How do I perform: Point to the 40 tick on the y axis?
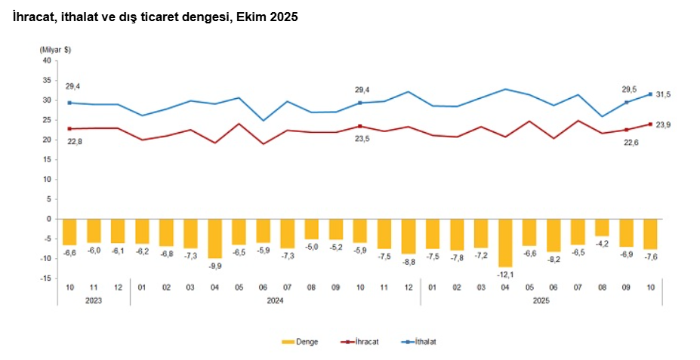coord(46,60)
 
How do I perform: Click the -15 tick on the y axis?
coord(45,278)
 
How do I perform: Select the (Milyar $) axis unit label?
coord(55,49)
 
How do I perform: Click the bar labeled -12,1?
coord(505,242)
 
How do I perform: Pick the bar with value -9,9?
coord(214,238)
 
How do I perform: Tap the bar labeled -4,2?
coord(602,227)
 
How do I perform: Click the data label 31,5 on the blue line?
coord(664,94)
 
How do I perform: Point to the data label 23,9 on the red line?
coord(664,124)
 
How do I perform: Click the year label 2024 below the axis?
coord(275,300)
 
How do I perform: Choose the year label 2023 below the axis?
coord(94,300)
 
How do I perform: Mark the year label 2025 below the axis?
coord(541,300)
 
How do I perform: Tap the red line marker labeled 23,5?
coord(360,126)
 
